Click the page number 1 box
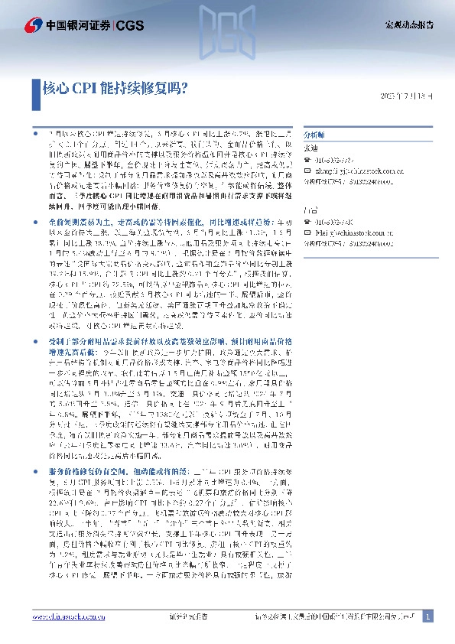(x=427, y=616)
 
